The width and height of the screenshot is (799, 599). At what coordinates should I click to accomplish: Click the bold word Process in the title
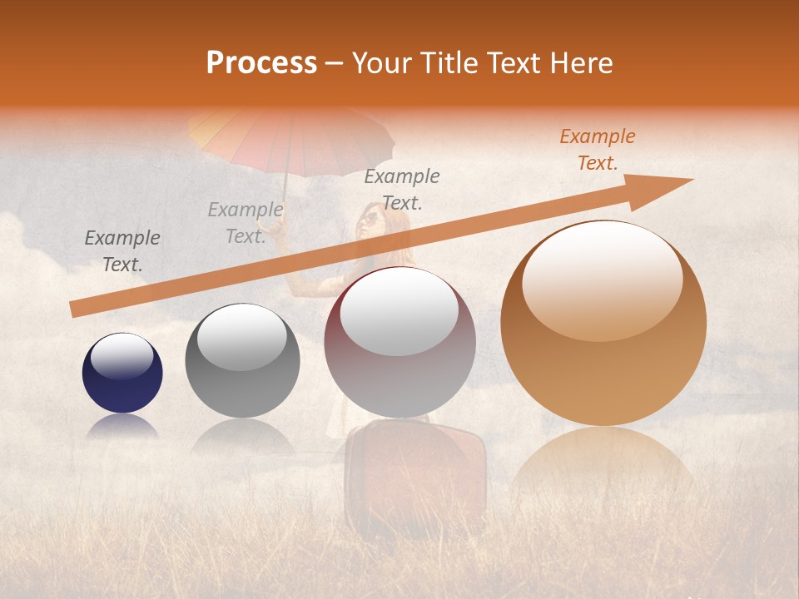tap(261, 63)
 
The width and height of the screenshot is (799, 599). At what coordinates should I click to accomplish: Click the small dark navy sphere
tap(122, 373)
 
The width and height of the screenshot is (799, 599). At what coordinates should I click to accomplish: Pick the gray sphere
tap(242, 361)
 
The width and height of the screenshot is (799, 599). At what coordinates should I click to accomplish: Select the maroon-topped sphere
tap(399, 342)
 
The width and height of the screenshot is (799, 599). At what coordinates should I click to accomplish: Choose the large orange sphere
tap(603, 324)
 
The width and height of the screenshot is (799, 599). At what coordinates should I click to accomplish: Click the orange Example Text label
tap(597, 150)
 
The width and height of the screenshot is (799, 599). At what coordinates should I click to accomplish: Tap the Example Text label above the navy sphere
tap(122, 251)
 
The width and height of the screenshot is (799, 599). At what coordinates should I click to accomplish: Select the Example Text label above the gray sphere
tap(246, 223)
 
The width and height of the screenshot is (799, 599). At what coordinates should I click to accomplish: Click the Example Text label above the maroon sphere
tap(402, 189)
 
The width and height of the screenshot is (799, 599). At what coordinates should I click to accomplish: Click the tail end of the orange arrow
tap(75, 309)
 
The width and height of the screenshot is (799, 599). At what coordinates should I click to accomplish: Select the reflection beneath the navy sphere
tap(122, 426)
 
